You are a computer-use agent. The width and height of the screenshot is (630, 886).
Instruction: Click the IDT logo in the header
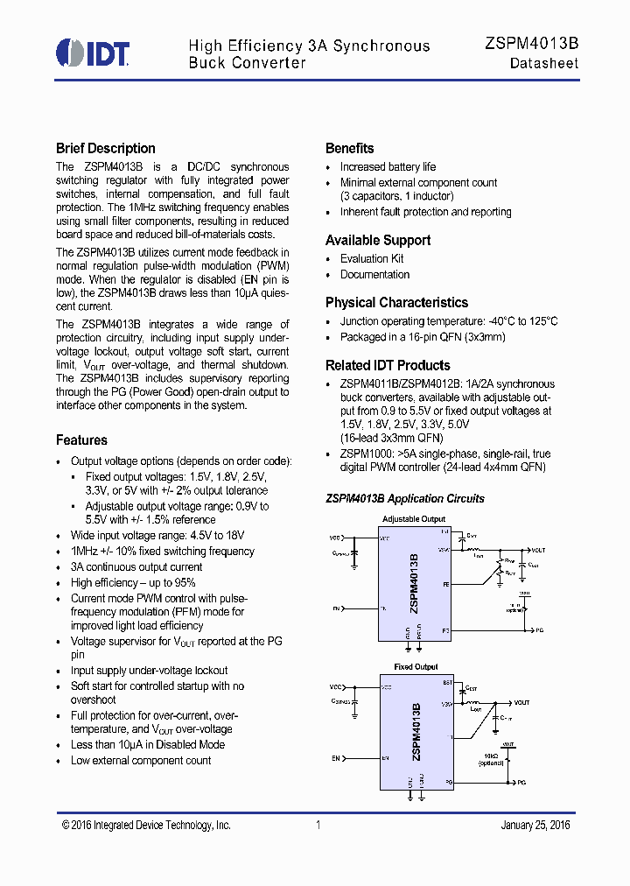93,53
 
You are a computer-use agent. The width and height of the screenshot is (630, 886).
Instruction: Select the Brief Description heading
105,149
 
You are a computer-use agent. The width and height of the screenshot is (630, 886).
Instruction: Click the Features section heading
81,440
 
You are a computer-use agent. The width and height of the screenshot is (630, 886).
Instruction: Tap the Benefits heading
349,149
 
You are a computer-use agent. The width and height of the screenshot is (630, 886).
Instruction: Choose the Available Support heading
378,241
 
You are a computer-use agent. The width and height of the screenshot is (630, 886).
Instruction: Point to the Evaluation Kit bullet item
372,259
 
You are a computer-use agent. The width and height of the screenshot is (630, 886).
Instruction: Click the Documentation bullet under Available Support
374,275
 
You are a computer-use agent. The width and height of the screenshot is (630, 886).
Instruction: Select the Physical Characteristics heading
396,303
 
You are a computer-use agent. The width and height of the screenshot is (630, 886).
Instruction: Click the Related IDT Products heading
388,366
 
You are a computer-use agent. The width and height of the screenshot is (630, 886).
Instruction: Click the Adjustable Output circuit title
414,519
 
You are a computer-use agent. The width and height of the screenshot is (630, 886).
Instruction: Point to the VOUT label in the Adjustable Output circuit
536,551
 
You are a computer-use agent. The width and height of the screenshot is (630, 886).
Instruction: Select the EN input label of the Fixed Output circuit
335,758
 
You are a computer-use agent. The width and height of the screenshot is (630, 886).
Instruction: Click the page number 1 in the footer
318,826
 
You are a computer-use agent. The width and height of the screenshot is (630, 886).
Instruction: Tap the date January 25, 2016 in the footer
535,826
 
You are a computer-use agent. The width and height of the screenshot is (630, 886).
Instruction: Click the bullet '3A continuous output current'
136,567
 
